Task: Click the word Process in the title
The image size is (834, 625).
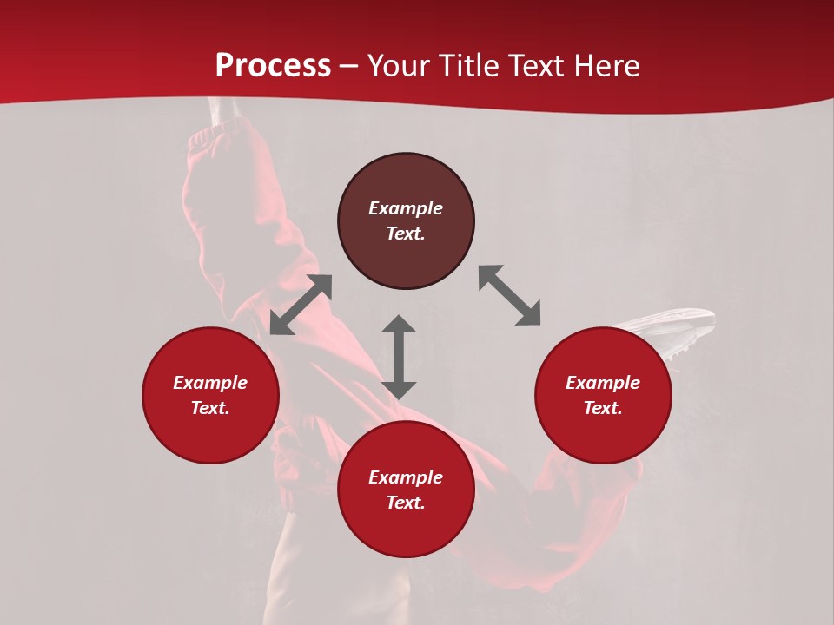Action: click(273, 66)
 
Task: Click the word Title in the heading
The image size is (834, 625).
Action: click(470, 66)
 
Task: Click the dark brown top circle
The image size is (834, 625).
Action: click(406, 221)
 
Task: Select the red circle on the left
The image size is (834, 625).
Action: click(210, 395)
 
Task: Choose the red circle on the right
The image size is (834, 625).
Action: click(603, 395)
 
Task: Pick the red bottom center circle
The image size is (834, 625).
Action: click(406, 490)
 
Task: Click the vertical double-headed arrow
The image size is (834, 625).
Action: click(399, 357)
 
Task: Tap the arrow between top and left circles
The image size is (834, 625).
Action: click(301, 305)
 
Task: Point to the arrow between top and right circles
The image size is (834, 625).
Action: click(509, 295)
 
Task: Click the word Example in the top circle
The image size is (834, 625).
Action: click(406, 208)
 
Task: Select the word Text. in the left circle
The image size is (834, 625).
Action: click(210, 408)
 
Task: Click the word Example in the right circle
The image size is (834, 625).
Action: click(603, 383)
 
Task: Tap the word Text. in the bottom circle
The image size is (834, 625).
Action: click(406, 503)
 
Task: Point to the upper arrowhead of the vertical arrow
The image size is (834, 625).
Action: click(399, 324)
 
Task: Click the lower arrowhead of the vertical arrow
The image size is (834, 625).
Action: click(399, 389)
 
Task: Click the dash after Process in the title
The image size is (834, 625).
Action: click(349, 66)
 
